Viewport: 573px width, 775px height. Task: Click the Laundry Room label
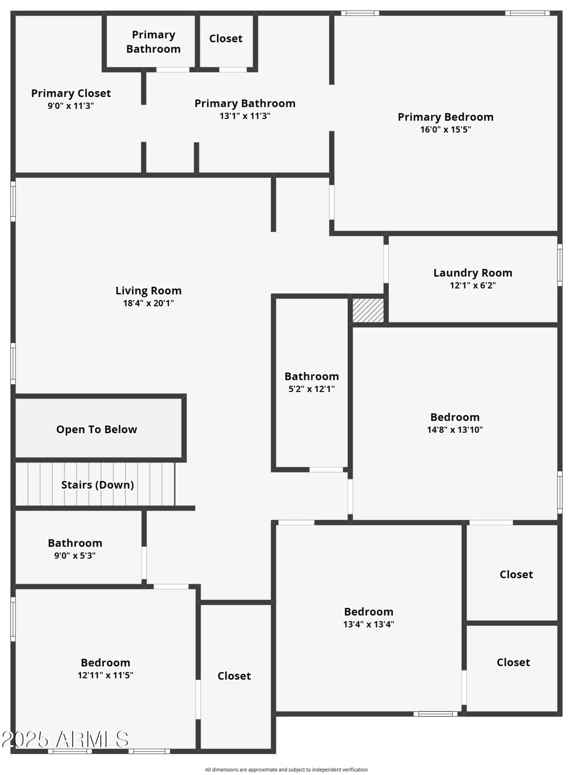click(472, 273)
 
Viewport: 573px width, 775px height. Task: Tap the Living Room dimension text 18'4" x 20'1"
click(149, 303)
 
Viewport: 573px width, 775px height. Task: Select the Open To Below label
click(96, 430)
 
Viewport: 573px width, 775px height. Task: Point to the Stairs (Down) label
click(97, 485)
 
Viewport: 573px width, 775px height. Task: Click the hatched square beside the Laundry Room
click(368, 311)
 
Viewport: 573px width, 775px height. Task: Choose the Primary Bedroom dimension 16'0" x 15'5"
click(446, 129)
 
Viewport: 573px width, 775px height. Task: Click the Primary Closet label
click(71, 93)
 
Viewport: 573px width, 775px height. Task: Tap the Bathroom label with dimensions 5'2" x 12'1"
click(311, 377)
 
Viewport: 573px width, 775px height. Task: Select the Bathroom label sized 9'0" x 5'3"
click(75, 543)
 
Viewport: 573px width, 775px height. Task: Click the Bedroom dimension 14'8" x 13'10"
click(455, 430)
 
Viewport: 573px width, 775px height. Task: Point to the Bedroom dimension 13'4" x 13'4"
click(369, 624)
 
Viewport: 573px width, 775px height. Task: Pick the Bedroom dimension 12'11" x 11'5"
click(106, 675)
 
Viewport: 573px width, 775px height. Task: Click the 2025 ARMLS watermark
click(65, 740)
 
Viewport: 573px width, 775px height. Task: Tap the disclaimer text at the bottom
click(286, 770)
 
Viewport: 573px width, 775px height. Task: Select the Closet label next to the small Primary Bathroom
click(225, 39)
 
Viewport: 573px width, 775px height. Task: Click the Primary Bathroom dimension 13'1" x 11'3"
click(245, 116)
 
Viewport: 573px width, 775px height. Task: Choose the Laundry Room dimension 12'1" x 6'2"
click(472, 285)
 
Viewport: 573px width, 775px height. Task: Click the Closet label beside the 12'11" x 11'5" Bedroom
click(234, 676)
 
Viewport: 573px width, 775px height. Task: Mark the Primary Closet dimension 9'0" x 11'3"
click(71, 106)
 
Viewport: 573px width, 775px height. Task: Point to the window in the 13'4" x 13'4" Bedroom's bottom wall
click(435, 714)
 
